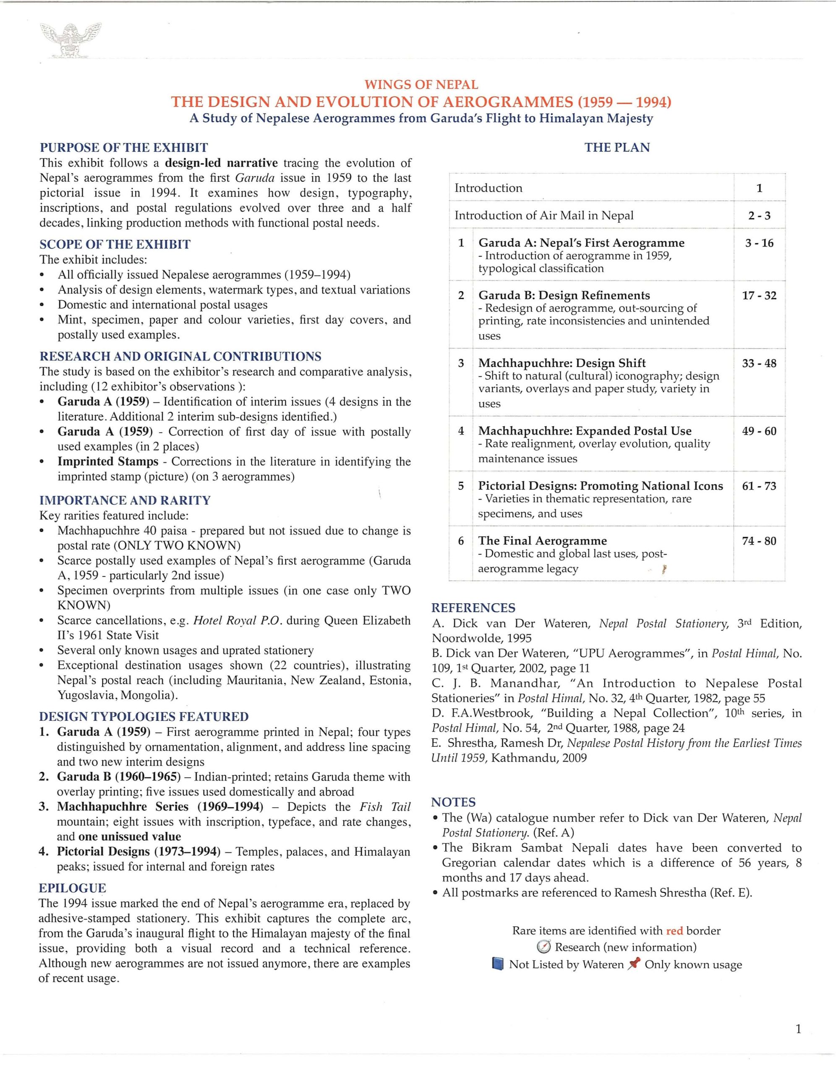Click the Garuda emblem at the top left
click(x=71, y=40)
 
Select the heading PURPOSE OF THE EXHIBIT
click(x=123, y=148)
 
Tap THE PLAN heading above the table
click(x=617, y=148)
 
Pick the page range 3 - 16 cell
click(x=759, y=243)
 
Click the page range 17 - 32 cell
click(x=759, y=295)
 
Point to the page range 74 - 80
click(x=759, y=541)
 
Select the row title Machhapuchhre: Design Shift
click(x=562, y=363)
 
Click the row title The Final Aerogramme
click(x=542, y=541)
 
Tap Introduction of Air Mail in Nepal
click(x=544, y=215)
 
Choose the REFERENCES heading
click(x=473, y=608)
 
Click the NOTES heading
click(x=453, y=803)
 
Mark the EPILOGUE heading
click(x=72, y=888)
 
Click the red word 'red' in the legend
click(x=674, y=931)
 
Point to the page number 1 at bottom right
click(x=798, y=1029)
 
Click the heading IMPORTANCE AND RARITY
click(x=125, y=500)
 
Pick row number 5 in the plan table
click(x=460, y=486)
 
